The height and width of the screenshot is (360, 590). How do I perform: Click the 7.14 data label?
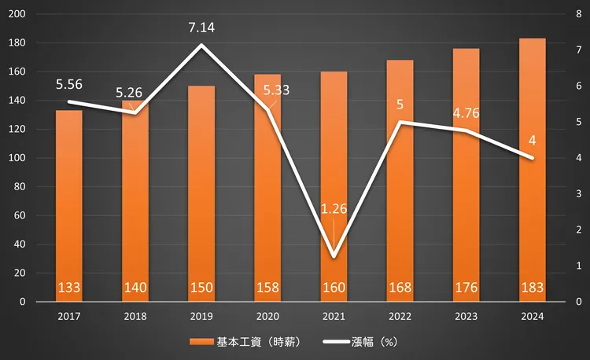pyautogui.click(x=201, y=28)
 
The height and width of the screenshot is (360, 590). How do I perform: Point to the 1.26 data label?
pyautogui.click(x=334, y=209)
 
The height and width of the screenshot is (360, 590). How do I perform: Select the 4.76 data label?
pyautogui.click(x=466, y=112)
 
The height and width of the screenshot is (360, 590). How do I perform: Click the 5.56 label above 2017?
pyautogui.click(x=69, y=84)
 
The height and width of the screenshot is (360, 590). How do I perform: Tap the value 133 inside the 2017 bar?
pyautogui.click(x=69, y=288)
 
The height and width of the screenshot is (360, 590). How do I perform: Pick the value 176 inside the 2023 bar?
pyautogui.click(x=466, y=288)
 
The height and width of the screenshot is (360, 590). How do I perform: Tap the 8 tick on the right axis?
pyautogui.click(x=578, y=14)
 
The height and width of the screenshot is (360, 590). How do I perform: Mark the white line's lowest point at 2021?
pyautogui.click(x=334, y=256)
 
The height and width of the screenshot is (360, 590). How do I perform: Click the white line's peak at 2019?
pyautogui.click(x=201, y=45)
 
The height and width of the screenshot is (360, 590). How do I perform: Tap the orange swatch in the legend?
pyautogui.click(x=202, y=342)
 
